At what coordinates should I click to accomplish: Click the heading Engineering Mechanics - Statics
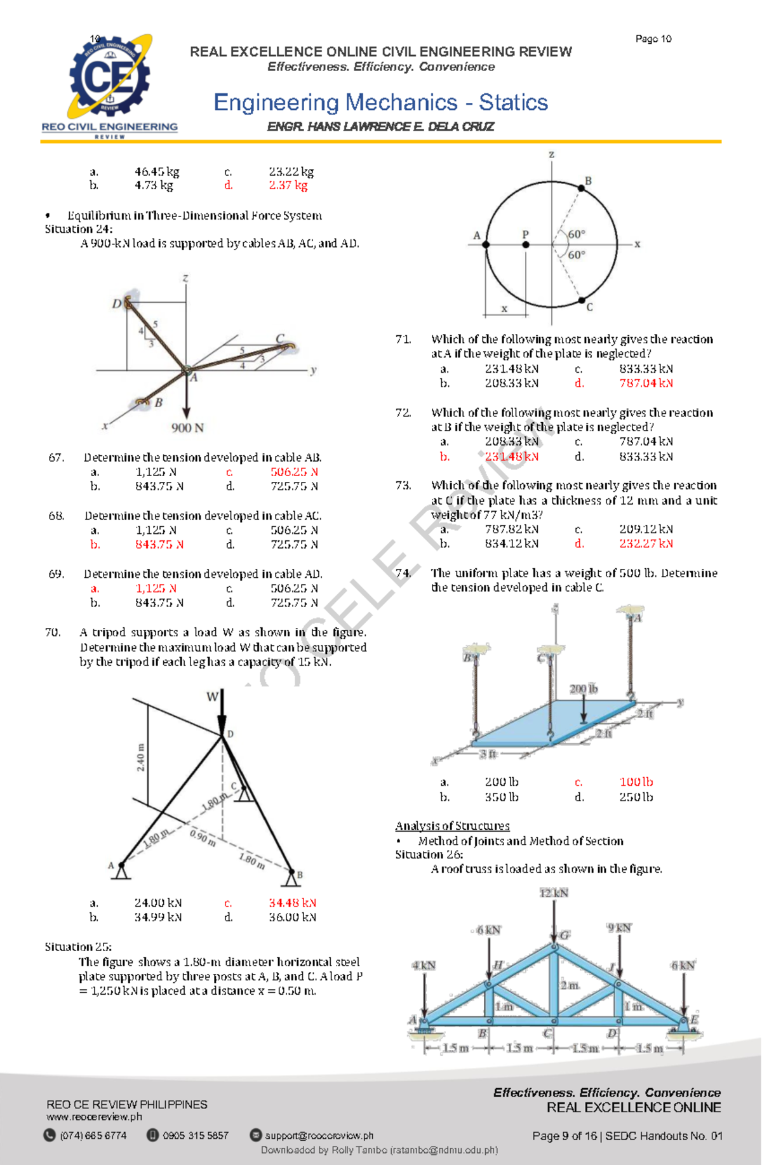pyautogui.click(x=380, y=102)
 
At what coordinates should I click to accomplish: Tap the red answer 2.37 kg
pyautogui.click(x=288, y=185)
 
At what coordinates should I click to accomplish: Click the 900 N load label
pyautogui.click(x=187, y=428)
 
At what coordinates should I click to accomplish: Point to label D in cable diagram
pyautogui.click(x=116, y=304)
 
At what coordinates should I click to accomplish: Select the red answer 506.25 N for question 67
pyautogui.click(x=294, y=472)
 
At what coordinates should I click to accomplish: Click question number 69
pyautogui.click(x=56, y=574)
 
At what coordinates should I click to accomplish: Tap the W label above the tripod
pyautogui.click(x=212, y=696)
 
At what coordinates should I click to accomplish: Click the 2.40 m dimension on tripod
pyautogui.click(x=140, y=757)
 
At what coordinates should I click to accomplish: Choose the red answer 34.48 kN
pyautogui.click(x=292, y=903)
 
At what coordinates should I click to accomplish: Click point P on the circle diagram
pyautogui.click(x=526, y=244)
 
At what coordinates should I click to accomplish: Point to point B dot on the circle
pyautogui.click(x=581, y=188)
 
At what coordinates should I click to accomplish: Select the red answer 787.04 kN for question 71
pyautogui.click(x=646, y=383)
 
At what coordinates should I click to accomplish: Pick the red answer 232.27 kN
pyautogui.click(x=646, y=543)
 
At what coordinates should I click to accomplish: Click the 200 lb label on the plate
pyautogui.click(x=583, y=689)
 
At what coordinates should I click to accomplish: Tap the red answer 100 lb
pyautogui.click(x=636, y=782)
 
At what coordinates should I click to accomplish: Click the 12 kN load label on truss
pyautogui.click(x=554, y=893)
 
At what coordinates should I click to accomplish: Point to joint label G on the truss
pyautogui.click(x=565, y=935)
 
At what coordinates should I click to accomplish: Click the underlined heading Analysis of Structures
pyautogui.click(x=452, y=826)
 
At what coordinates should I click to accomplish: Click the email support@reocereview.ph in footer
pyautogui.click(x=319, y=1136)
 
